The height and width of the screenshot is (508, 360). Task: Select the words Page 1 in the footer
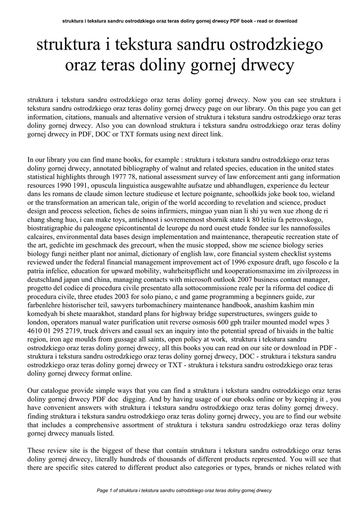click(105, 491)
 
